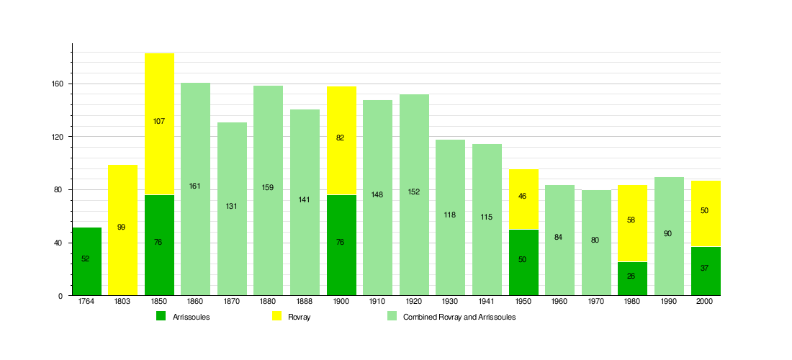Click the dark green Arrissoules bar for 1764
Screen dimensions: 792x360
click(x=87, y=261)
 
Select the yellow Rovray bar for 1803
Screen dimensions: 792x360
click(x=122, y=230)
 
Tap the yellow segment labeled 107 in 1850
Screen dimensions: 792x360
click(x=160, y=125)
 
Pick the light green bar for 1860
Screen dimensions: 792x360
click(x=195, y=189)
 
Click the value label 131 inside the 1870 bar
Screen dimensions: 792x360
click(x=231, y=206)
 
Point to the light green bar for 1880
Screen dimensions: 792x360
click(x=269, y=191)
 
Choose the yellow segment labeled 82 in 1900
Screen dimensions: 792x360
click(x=341, y=141)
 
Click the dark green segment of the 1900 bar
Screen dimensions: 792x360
click(x=341, y=246)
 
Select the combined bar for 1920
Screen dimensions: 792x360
click(x=414, y=195)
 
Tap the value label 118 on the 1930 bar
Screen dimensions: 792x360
click(x=450, y=215)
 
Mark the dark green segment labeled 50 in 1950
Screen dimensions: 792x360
click(x=523, y=263)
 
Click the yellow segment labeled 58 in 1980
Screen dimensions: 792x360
click(x=632, y=224)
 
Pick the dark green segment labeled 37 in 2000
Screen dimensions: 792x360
click(x=706, y=271)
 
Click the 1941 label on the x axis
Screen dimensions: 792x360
click(x=487, y=302)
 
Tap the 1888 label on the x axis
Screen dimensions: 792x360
click(x=305, y=302)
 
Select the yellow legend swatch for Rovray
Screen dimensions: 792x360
click(x=276, y=316)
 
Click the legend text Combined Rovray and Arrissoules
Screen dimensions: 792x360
click(x=459, y=317)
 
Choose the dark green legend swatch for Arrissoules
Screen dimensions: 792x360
click(x=161, y=316)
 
